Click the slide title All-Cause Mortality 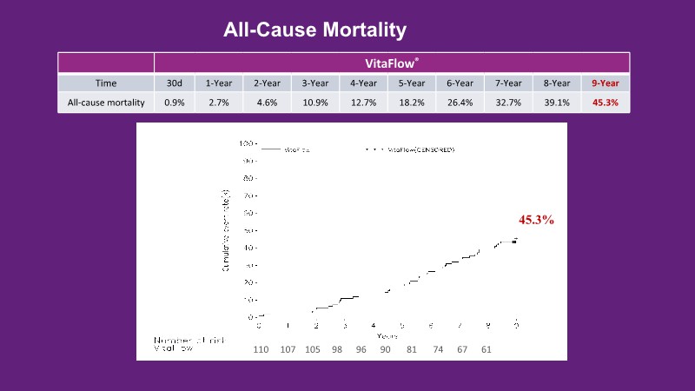coord(314,30)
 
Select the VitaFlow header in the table coord(392,63)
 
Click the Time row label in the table coord(105,83)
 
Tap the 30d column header coord(174,83)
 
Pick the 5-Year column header coord(412,83)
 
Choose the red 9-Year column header coord(606,83)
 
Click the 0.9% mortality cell coord(174,103)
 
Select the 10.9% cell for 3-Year coord(314,103)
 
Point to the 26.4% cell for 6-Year coord(460,103)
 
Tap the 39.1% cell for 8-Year coord(557,103)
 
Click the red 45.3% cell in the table coord(606,103)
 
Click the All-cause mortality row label coord(105,103)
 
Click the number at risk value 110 coord(261,349)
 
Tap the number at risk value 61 coord(486,349)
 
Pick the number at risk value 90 coord(386,349)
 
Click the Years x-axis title coord(387,335)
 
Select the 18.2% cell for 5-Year coord(412,103)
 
